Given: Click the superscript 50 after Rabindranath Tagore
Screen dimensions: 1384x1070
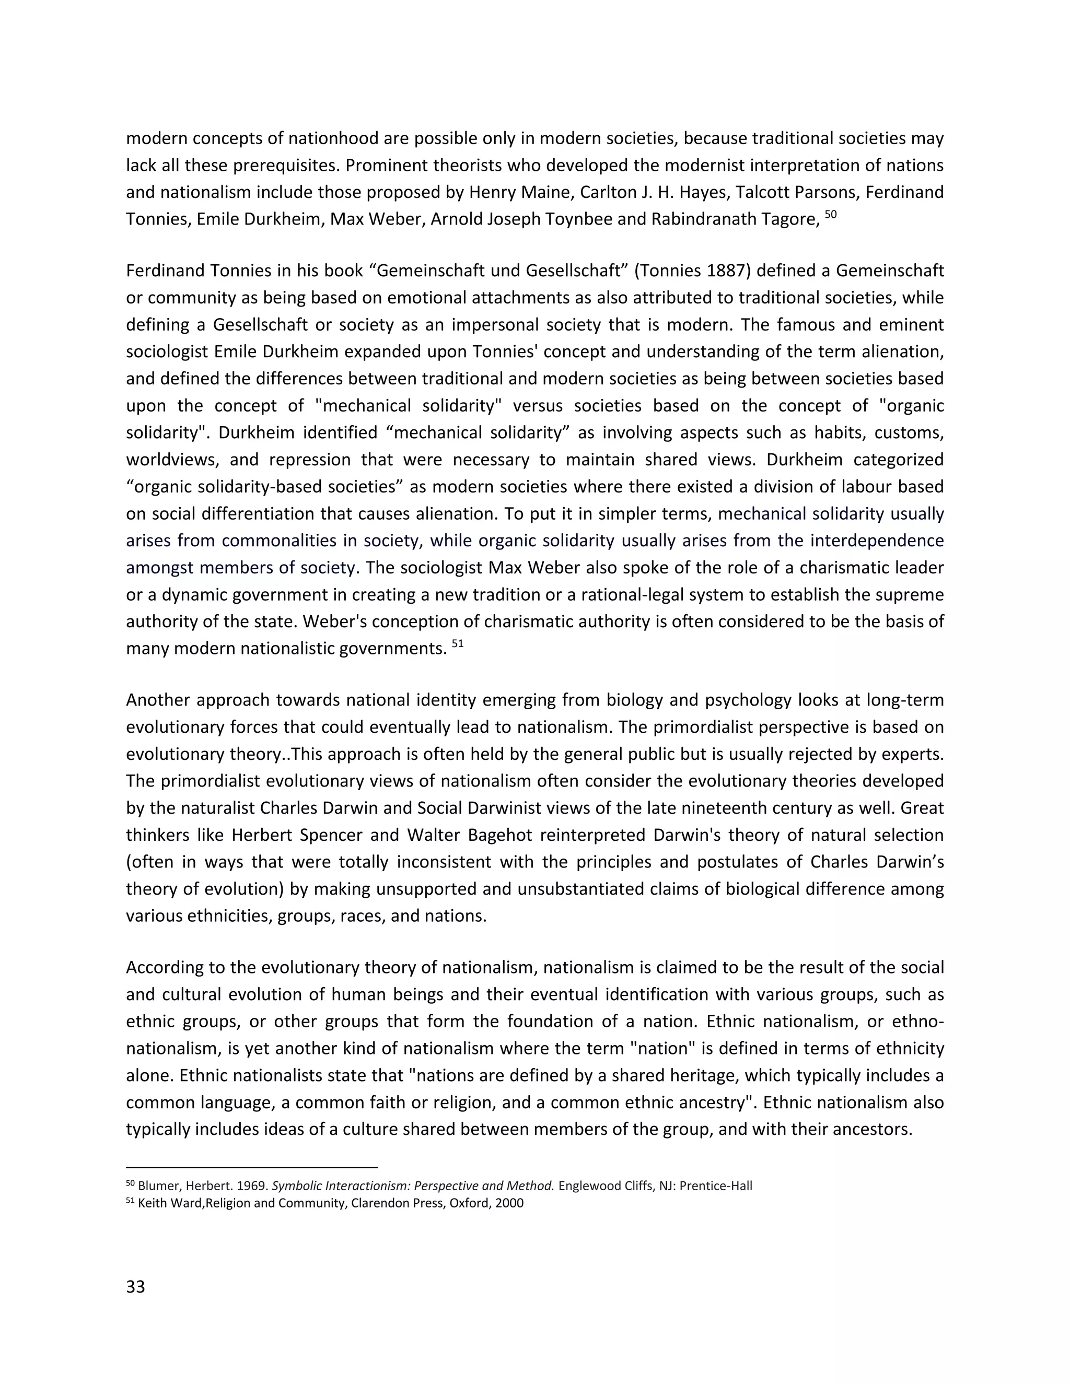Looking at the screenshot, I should (830, 214).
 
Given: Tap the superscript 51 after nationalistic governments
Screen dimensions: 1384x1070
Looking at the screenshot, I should (457, 644).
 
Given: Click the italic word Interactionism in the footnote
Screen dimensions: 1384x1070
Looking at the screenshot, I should (366, 1186).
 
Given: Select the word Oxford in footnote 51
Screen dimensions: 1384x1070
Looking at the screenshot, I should (469, 1203).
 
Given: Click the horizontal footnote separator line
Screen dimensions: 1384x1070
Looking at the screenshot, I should (252, 1167).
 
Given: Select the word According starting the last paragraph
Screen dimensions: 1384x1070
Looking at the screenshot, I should (164, 968).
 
